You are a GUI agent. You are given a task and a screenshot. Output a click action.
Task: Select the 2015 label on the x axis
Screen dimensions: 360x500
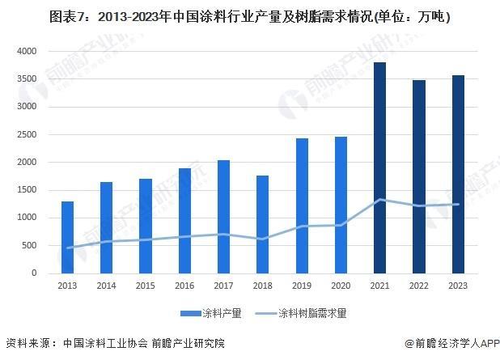[x=146, y=285]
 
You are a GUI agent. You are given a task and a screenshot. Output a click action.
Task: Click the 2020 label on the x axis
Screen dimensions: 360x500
[x=341, y=285]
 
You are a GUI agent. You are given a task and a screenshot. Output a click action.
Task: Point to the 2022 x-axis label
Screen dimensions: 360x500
[x=418, y=285]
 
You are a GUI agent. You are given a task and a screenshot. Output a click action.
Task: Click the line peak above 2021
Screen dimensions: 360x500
[x=379, y=199]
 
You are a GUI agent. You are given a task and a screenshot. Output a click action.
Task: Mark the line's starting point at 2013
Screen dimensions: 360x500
[x=67, y=248]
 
